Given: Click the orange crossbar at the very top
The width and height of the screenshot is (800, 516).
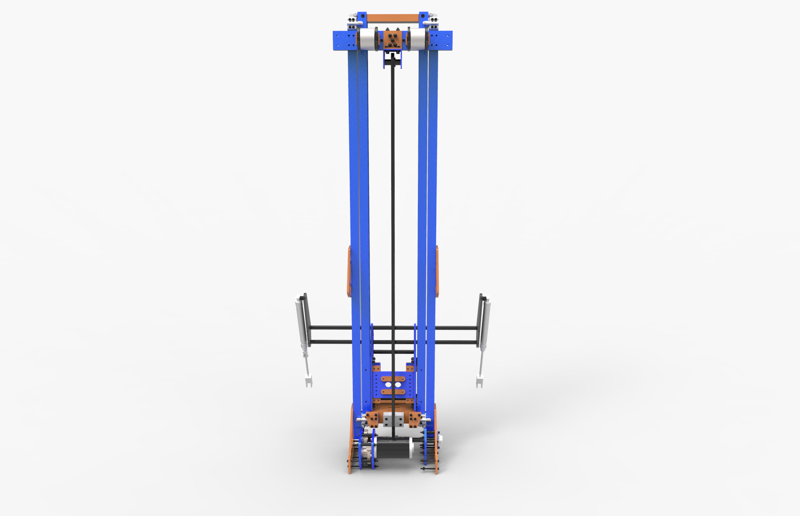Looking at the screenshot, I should pyautogui.click(x=392, y=18).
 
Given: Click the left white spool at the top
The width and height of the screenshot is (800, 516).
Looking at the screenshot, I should pyautogui.click(x=367, y=40).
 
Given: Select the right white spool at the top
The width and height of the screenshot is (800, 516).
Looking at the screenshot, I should pyautogui.click(x=417, y=40).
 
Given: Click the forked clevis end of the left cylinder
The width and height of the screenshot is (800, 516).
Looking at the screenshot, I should pyautogui.click(x=308, y=381).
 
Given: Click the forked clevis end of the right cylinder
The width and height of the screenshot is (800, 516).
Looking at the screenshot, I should pyautogui.click(x=480, y=381).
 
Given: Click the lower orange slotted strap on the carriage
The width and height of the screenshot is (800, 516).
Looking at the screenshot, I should pyautogui.click(x=393, y=392).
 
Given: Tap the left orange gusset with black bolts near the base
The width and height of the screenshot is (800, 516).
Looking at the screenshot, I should pyautogui.click(x=372, y=419).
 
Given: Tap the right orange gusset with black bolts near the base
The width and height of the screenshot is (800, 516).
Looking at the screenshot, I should pyautogui.click(x=415, y=419).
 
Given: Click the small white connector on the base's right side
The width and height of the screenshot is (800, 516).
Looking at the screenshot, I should pyautogui.click(x=440, y=438).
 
